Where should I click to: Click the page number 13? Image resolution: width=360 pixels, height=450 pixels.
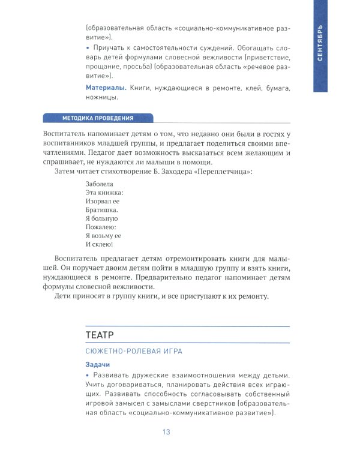coord(166,433)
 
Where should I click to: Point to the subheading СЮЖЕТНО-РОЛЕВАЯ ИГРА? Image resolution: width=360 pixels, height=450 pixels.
coord(126,350)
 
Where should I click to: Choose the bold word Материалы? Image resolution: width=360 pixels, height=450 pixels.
coord(106,89)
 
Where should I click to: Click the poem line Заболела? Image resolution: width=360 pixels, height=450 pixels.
coord(99,184)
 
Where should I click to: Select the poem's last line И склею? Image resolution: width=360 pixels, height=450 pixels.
coord(99,244)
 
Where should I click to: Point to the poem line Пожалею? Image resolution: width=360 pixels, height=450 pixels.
coord(101,227)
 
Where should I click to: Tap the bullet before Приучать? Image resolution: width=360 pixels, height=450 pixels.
coord(88,47)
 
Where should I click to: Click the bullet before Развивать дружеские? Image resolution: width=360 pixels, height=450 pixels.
coord(88,376)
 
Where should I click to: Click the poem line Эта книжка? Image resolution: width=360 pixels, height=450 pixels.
coord(104,193)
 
